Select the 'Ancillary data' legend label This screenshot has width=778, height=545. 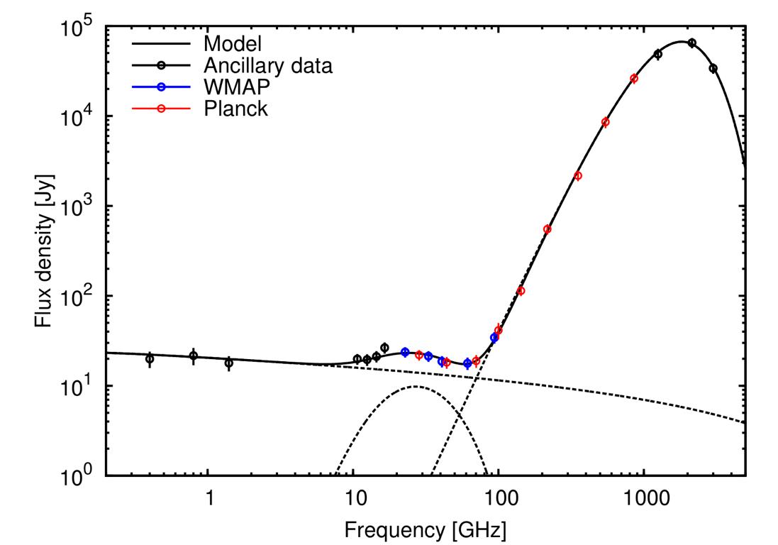268,66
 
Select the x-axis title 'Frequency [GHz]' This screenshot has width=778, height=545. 426,529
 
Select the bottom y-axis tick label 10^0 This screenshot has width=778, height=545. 77,475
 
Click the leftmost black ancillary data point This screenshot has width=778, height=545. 150,359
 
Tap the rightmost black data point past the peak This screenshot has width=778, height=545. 713,69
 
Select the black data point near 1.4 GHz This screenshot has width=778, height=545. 229,363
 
